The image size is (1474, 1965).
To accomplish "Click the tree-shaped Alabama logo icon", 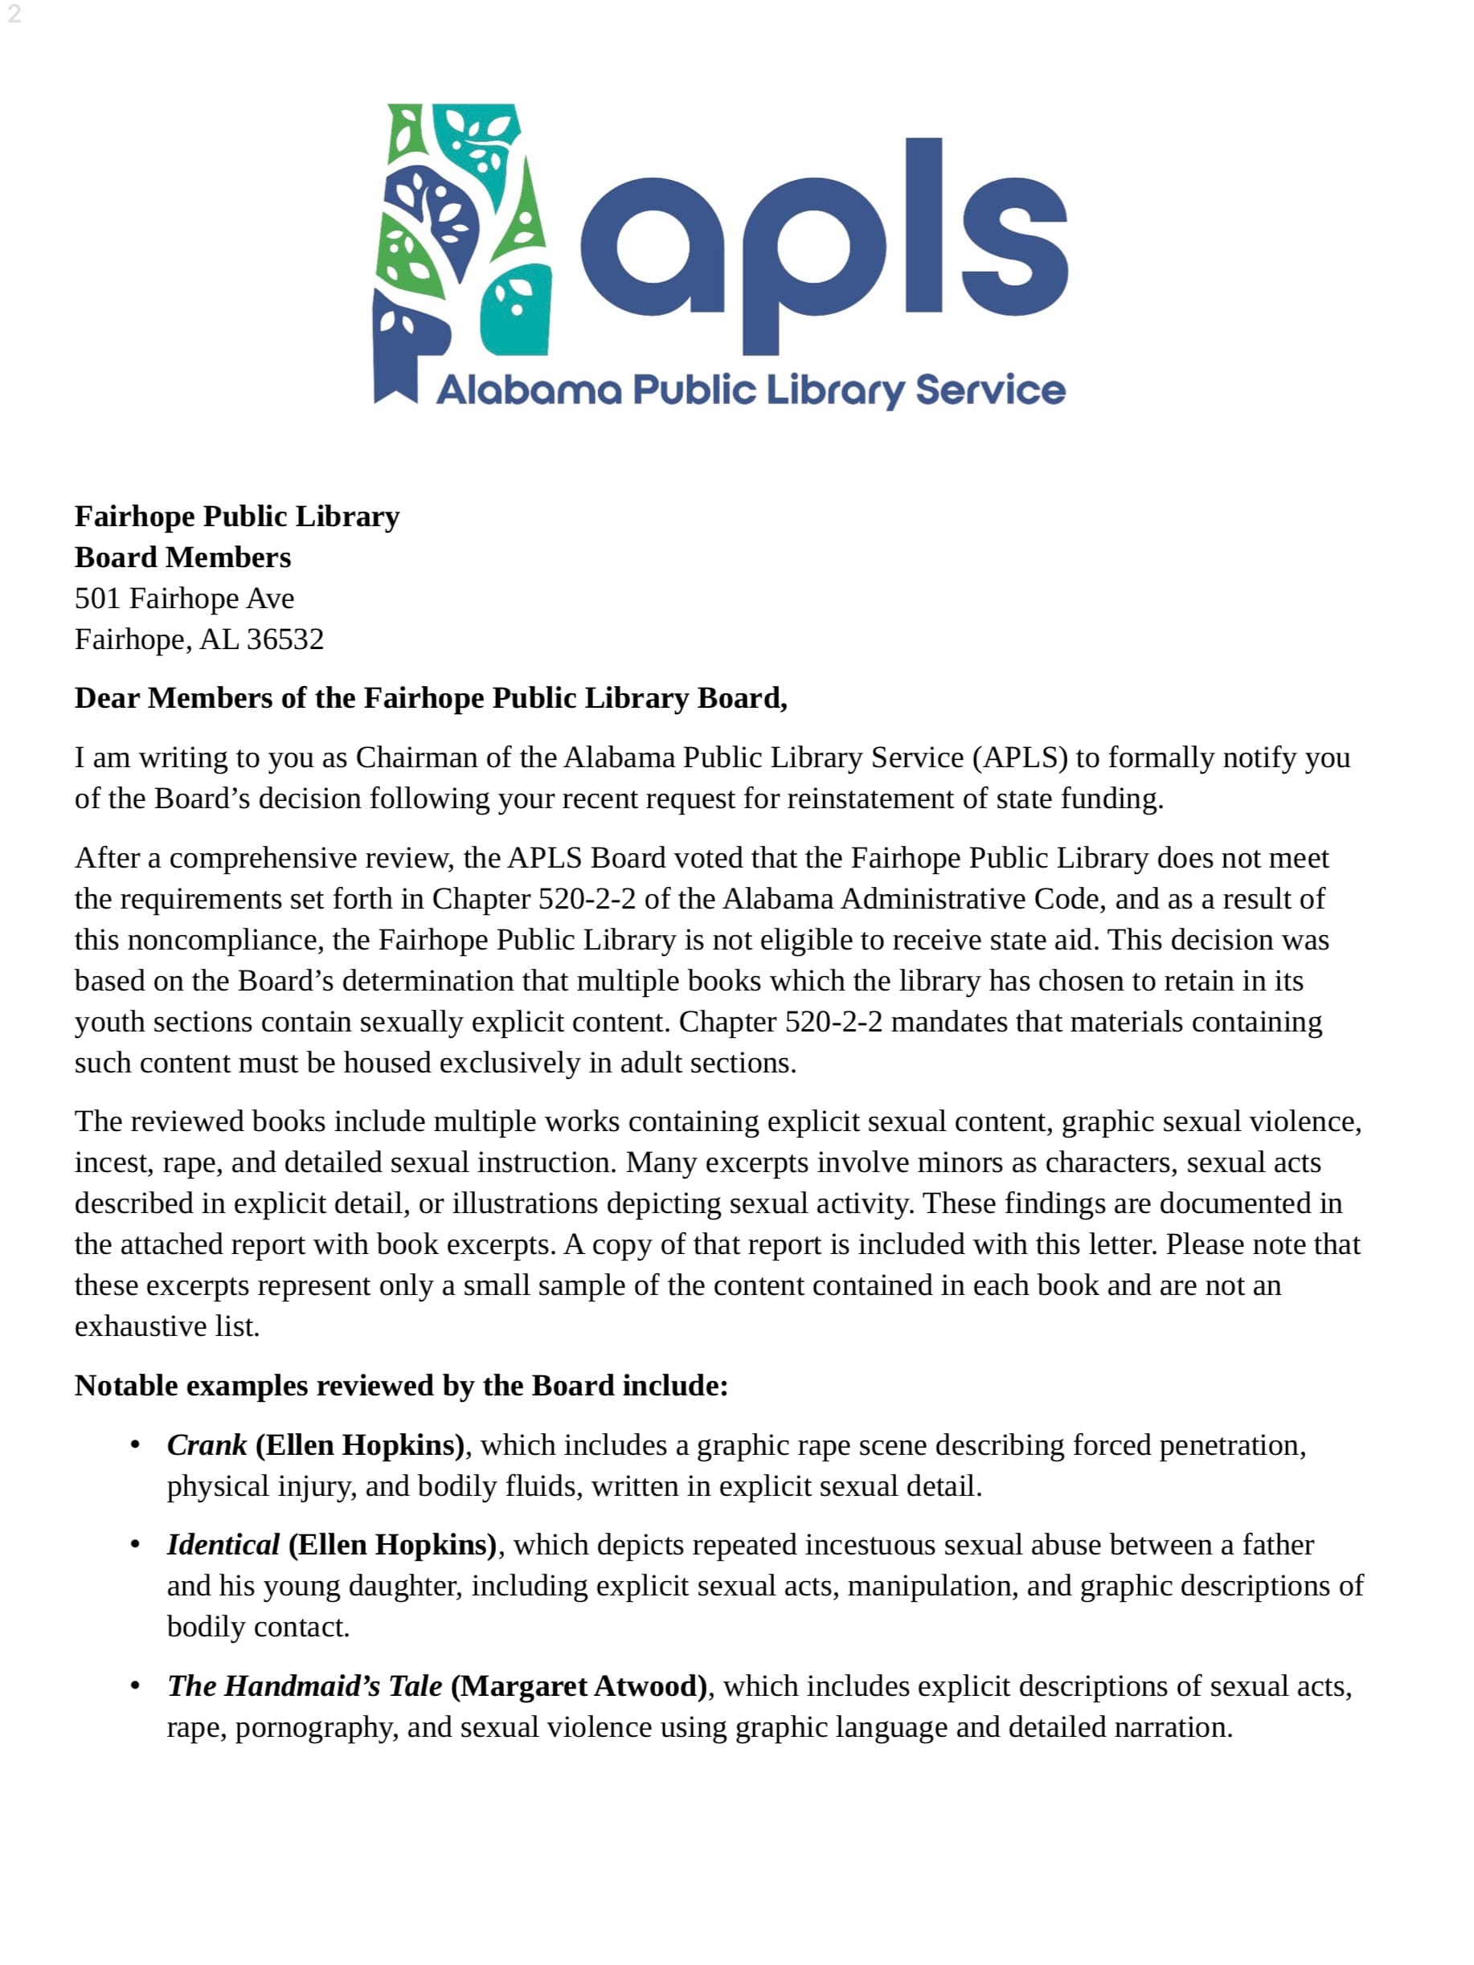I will click(x=462, y=249).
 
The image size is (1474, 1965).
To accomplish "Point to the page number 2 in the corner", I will click(x=14, y=14).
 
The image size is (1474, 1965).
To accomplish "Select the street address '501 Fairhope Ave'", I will click(x=184, y=598).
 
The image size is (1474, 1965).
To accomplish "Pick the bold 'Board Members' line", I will click(x=182, y=558).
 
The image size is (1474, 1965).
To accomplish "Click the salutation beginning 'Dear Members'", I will click(x=430, y=698).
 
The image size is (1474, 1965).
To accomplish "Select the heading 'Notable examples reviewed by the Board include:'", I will click(x=401, y=1386).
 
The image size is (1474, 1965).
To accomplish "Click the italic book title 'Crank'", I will click(x=206, y=1445).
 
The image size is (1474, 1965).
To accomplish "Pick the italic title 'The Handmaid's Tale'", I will click(x=304, y=1686).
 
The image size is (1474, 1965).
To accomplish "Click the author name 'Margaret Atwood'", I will click(x=579, y=1686).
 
